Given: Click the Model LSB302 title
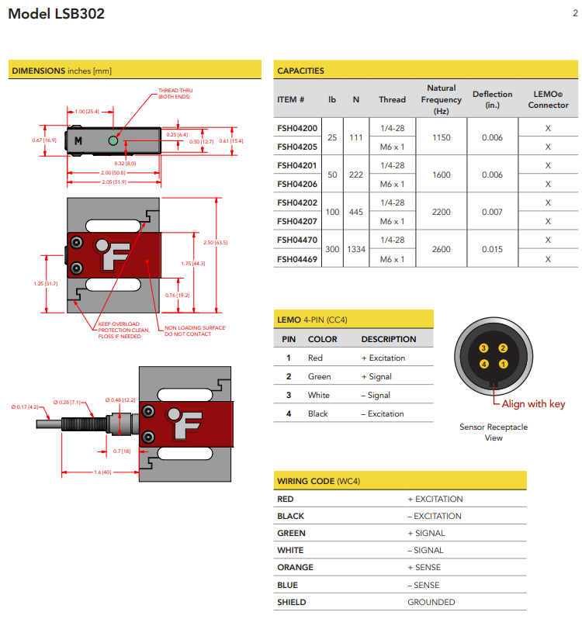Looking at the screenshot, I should [x=56, y=14].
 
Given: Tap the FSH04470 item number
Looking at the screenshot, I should [x=297, y=240].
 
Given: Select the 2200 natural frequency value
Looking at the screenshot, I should [x=441, y=212].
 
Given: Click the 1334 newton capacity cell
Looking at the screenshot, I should [x=356, y=250].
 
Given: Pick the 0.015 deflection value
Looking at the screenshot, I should [x=492, y=250].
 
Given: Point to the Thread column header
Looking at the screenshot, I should [x=392, y=99].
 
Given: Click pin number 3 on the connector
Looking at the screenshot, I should [x=483, y=349].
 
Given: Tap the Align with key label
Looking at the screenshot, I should [x=533, y=404].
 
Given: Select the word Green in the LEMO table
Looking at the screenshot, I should [x=319, y=376].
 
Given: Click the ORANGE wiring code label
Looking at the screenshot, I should [x=295, y=567].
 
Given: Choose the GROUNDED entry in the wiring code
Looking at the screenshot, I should [x=431, y=602].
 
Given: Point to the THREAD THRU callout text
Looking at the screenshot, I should [x=174, y=93].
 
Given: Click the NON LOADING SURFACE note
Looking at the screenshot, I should [x=194, y=331].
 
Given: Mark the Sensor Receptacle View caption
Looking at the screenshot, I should [x=494, y=432].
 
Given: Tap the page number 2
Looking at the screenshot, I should [x=574, y=12].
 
